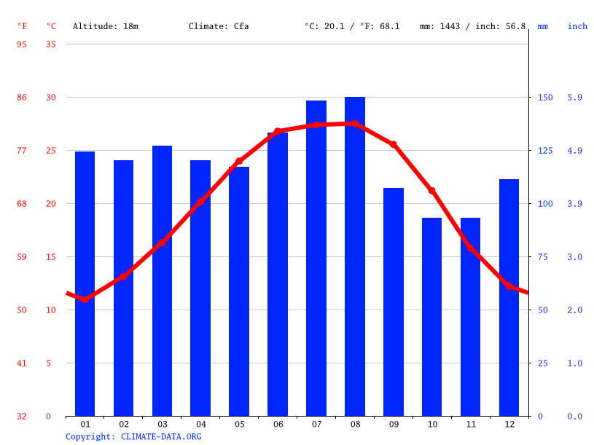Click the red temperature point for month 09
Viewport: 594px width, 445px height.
coord(394,144)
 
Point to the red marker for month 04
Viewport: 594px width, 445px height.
coord(200,202)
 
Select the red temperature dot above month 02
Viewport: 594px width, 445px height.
coord(124,276)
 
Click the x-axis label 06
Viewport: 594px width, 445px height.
coord(278,424)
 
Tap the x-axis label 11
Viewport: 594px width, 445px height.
coord(471,424)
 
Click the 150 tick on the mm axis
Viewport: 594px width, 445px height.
coord(545,98)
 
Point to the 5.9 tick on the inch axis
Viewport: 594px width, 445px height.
coord(575,98)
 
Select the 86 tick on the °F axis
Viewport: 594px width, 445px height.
coord(22,98)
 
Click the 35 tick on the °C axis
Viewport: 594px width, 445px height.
coord(50,44)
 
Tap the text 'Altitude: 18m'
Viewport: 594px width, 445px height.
coord(106,26)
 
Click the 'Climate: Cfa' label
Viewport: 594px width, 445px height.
coord(219,26)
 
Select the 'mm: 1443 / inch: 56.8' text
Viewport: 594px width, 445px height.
coord(472,26)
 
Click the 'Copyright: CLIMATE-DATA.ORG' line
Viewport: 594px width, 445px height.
coord(133,436)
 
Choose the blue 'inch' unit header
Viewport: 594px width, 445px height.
coord(577,26)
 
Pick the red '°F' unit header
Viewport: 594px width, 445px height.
coord(22,26)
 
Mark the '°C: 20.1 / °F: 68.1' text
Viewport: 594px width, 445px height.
coord(352,26)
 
